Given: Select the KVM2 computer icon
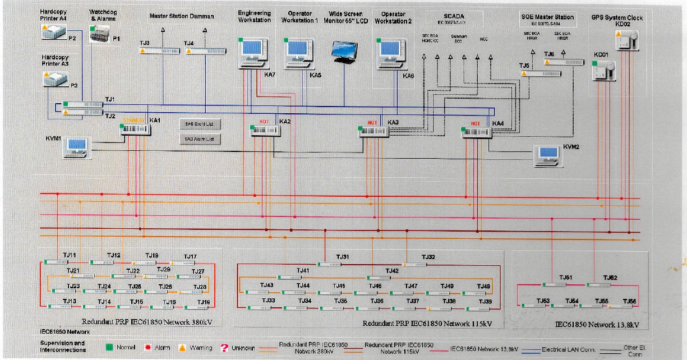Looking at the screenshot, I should tap(548, 155).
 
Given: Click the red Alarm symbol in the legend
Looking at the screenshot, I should tap(147, 348).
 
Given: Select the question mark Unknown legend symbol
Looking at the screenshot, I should tap(224, 348).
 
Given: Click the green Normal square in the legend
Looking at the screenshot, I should tap(109, 348).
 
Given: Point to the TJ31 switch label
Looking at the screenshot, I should tap(343, 257).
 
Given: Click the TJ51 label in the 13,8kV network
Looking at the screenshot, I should tap(565, 278).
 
